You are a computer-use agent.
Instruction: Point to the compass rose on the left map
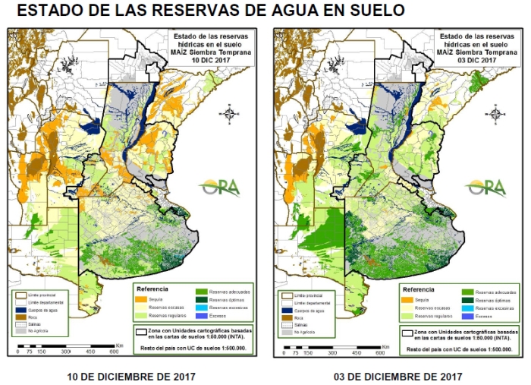pos(230,113)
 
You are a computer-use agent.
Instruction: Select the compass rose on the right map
pos(495,113)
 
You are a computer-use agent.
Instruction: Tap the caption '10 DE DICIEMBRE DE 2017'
pos(131,377)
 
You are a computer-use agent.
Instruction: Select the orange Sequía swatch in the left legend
pos(143,300)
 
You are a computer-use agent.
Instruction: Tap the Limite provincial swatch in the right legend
pos(286,294)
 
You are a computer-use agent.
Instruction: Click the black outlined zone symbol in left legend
pos(140,331)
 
